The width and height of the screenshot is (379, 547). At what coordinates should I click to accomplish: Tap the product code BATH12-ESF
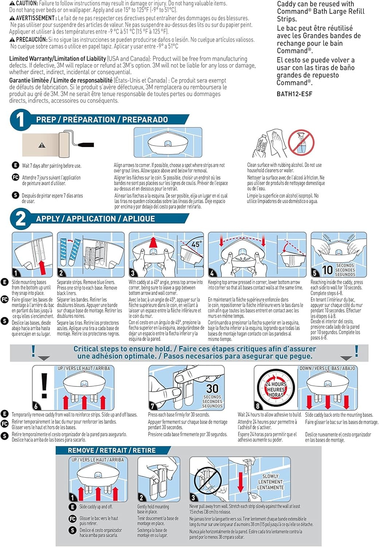[294, 94]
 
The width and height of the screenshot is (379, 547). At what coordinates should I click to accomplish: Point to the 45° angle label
[196, 244]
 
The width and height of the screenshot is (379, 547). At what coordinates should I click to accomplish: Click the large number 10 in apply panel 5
[327, 270]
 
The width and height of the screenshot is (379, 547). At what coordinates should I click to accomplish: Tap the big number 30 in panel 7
[212, 388]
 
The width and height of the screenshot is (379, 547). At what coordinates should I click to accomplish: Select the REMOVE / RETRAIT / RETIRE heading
[112, 450]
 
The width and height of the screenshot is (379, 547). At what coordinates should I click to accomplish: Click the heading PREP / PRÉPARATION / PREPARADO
[102, 120]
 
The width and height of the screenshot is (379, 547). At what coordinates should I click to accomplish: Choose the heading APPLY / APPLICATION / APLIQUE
[95, 219]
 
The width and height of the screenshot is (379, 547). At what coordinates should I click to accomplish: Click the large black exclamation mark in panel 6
[44, 386]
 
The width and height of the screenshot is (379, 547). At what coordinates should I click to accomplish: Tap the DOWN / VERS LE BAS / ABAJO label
[327, 368]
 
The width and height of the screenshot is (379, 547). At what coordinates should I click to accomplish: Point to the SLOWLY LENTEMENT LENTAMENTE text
[270, 482]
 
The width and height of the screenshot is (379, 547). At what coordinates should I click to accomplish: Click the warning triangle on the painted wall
[42, 145]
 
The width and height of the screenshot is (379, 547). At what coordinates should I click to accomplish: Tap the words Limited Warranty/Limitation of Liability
[57, 59]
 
